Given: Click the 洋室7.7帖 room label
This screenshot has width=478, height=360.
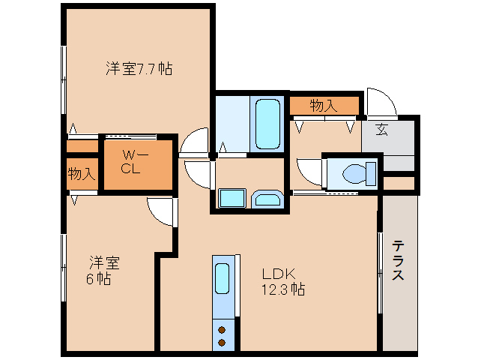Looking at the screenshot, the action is coord(139,69).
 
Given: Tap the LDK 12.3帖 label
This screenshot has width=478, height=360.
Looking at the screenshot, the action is coord(283,281).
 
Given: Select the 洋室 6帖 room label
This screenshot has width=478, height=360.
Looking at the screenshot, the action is coord(103,271).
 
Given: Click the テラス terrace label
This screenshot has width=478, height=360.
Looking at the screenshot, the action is coord(398,260).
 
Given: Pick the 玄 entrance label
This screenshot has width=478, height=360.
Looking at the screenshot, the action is coord(381,129).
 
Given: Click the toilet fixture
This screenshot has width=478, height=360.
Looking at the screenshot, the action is coord(359,174).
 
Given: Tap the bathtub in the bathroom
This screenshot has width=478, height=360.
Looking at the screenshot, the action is coord(267,124).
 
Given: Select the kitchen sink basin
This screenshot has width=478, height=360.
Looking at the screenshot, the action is coord(222,278).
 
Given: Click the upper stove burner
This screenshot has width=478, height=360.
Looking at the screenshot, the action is coord(222,330).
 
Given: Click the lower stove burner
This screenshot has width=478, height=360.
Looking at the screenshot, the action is coord(222,343).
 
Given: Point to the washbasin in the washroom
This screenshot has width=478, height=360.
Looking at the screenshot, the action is coord(267,199).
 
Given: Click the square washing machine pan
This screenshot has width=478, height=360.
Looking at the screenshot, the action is coord(232,198).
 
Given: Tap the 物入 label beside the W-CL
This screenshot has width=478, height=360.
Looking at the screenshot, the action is coord(81,173).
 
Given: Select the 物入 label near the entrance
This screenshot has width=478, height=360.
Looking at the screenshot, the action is coord(324,106).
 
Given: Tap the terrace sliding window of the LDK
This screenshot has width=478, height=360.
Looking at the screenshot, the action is coord(380,273).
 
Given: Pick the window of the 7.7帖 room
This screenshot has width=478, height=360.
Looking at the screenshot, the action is coord(64,80).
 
